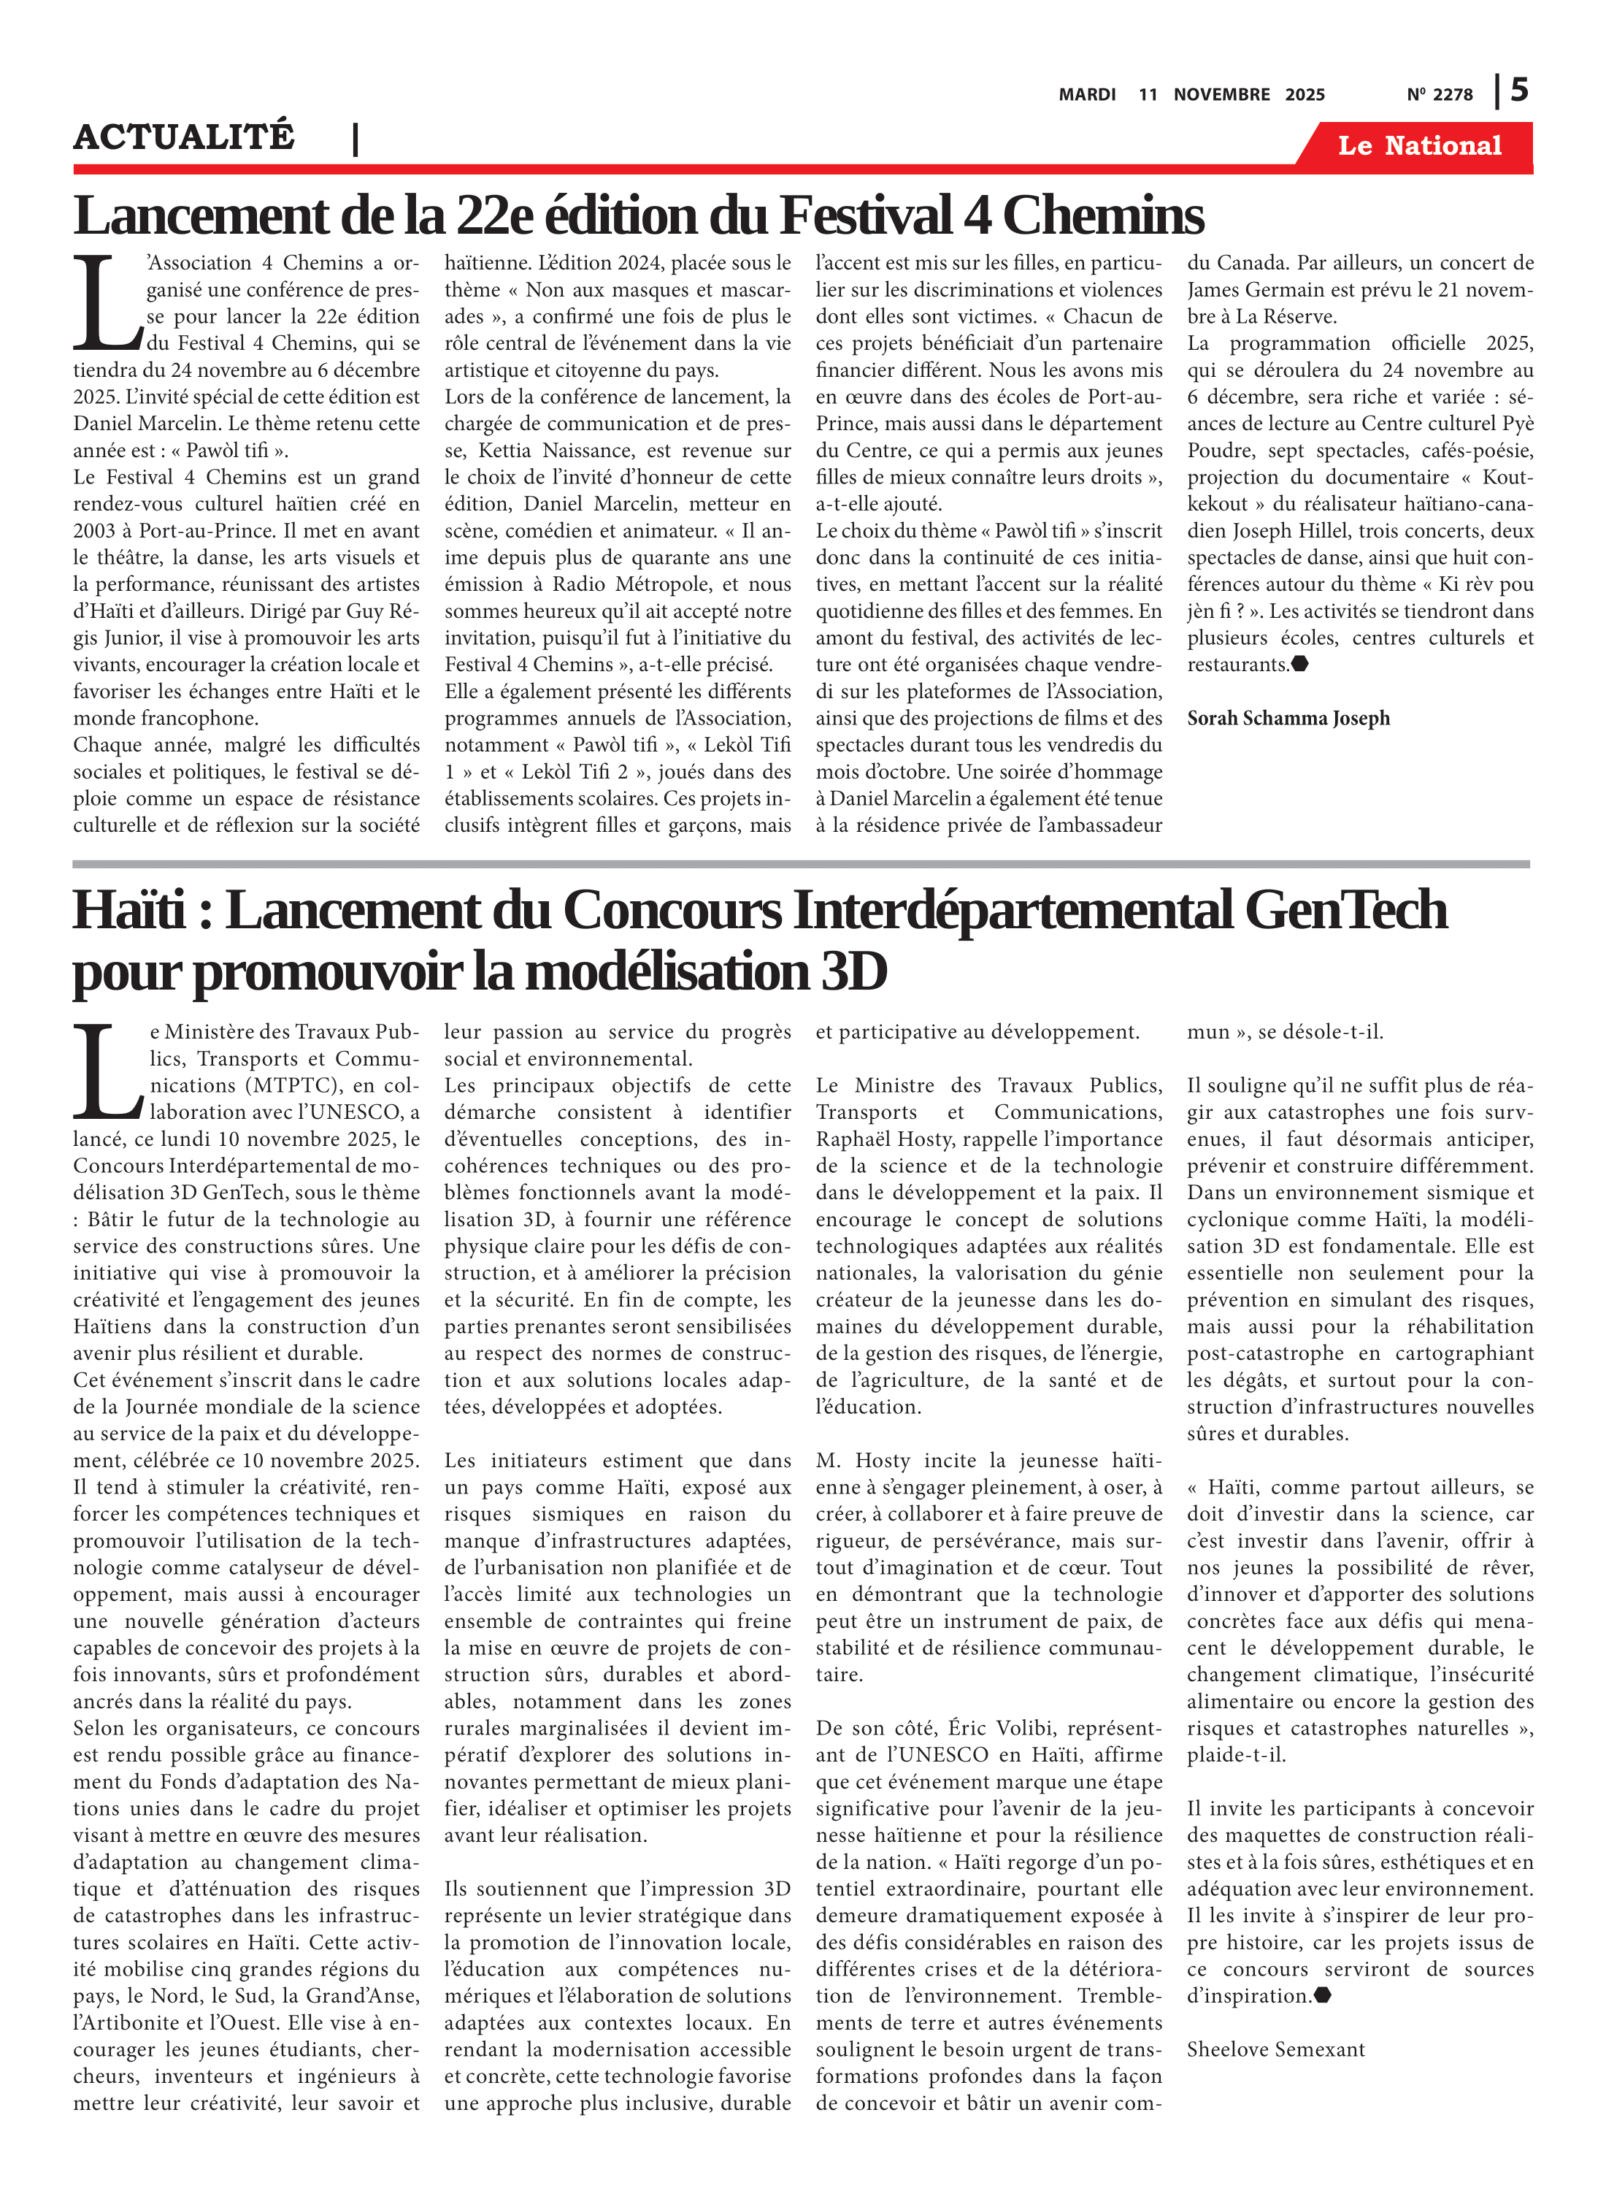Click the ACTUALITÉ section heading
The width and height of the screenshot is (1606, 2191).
[184, 137]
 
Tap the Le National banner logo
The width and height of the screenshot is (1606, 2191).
[1418, 146]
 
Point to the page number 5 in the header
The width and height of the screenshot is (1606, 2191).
[1518, 91]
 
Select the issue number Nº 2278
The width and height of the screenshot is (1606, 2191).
[1439, 94]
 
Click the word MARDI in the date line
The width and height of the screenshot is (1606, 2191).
[1087, 94]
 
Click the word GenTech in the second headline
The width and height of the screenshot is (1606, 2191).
[1345, 911]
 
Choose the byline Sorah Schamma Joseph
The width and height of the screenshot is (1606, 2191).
[1288, 719]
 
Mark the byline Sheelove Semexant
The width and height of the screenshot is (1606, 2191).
[1275, 2050]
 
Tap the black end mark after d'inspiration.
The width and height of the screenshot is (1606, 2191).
[1322, 1995]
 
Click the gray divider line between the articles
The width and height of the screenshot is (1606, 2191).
[801, 863]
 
